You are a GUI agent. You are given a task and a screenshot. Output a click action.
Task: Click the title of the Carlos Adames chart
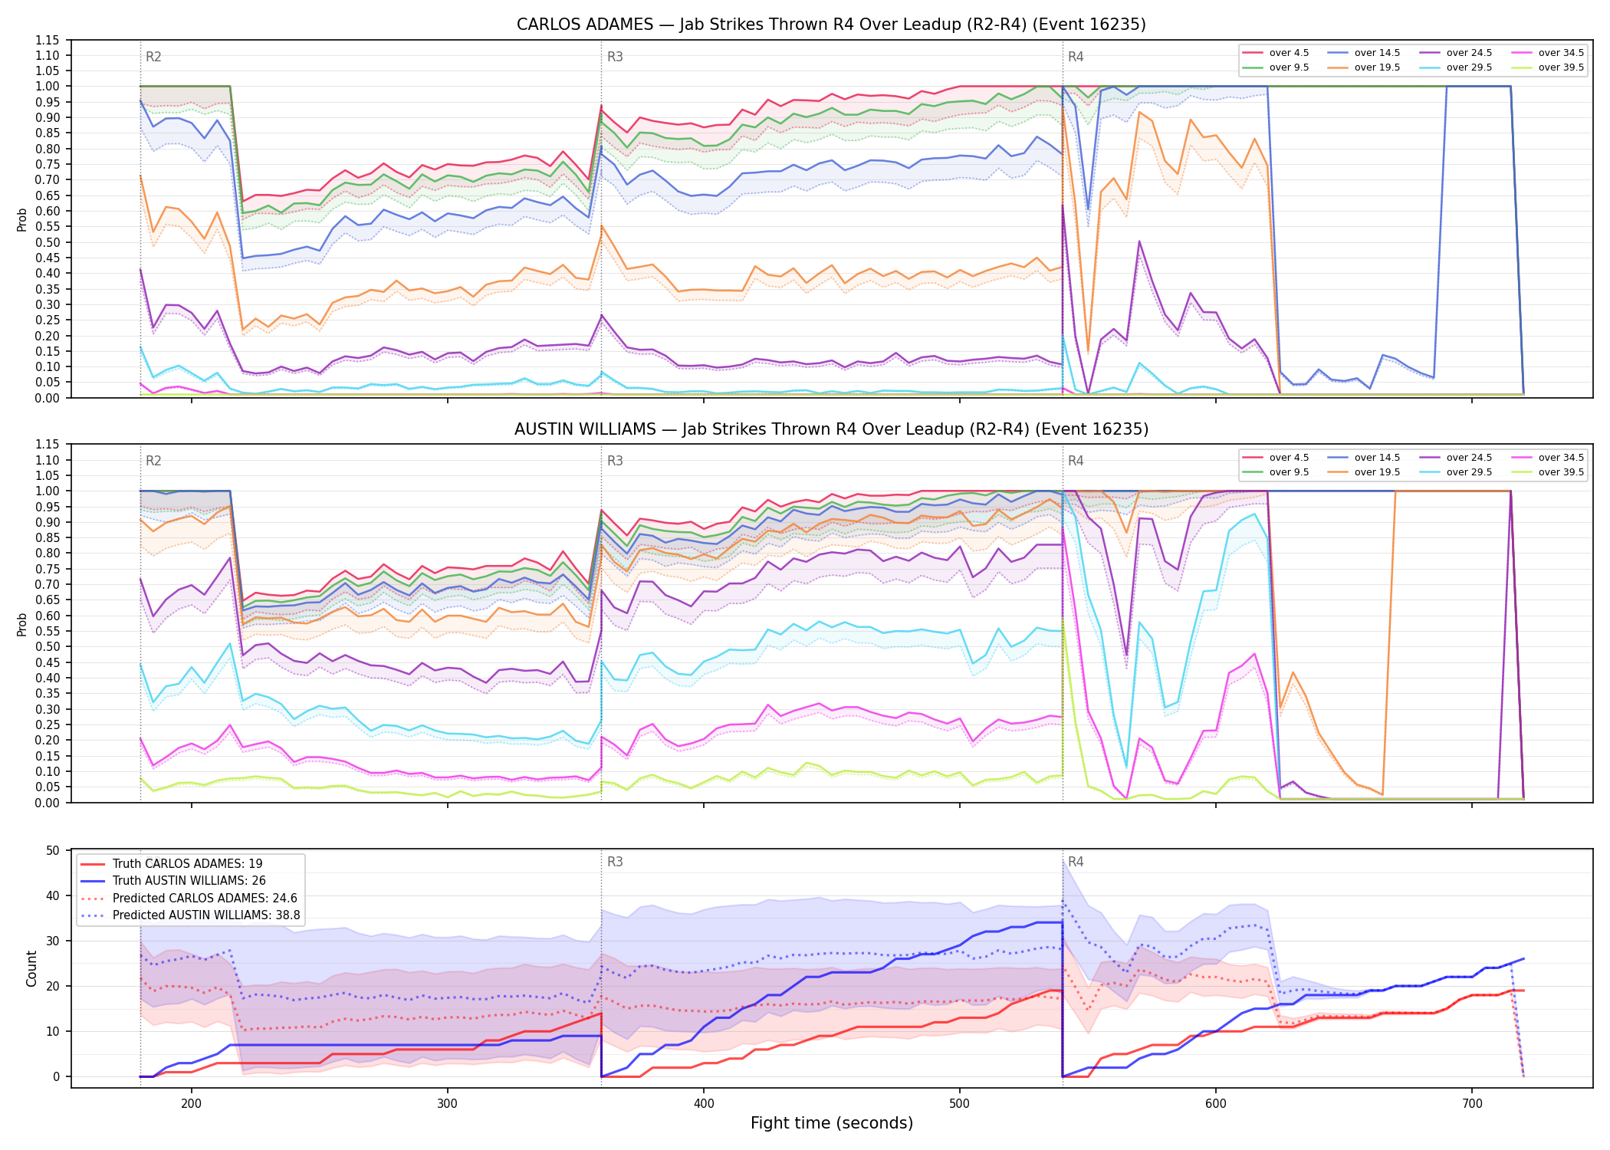tap(831, 25)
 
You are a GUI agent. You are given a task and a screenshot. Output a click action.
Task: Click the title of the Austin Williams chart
tap(831, 429)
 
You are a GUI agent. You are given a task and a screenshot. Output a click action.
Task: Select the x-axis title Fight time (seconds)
tap(832, 1123)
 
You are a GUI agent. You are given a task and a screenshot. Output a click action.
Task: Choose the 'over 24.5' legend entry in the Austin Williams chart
tap(1455, 458)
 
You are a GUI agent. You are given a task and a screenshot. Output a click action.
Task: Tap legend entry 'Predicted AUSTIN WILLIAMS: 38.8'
tap(190, 915)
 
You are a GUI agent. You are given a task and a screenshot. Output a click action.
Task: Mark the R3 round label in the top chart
tap(615, 57)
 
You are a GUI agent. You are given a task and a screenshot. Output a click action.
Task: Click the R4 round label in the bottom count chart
tap(1076, 862)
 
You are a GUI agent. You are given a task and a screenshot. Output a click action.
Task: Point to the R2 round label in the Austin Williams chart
tap(153, 461)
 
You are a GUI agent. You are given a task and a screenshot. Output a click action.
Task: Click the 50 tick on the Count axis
tap(53, 850)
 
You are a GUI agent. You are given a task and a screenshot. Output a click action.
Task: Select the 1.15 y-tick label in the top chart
tap(47, 40)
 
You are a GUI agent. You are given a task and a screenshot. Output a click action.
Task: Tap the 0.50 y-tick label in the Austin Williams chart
tap(47, 646)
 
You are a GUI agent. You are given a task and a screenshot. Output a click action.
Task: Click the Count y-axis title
tap(31, 968)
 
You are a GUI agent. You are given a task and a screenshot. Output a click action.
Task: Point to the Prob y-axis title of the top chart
tap(22, 220)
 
